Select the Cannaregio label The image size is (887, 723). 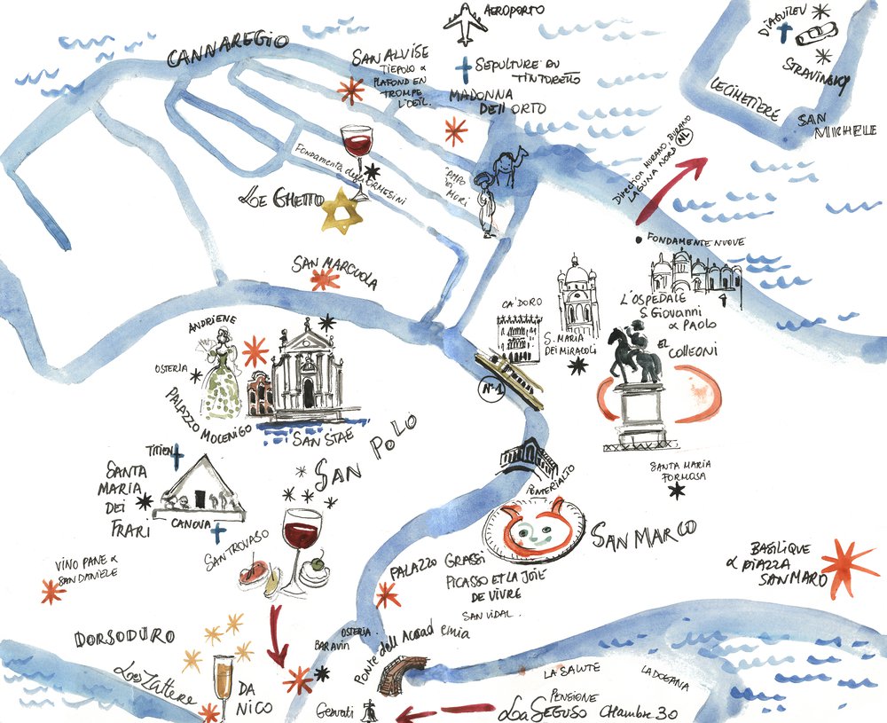[229, 51]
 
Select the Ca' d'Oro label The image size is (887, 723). [520, 305]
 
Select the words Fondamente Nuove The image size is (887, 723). [695, 240]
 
